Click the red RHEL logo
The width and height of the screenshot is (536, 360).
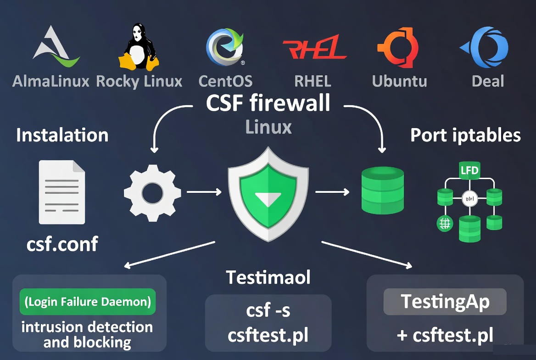313,47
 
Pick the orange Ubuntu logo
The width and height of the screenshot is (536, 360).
398,47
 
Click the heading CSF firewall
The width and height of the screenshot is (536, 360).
268,103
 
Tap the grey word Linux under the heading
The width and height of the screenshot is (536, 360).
268,127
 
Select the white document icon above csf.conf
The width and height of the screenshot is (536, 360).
62,192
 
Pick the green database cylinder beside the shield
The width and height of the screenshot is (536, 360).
382,190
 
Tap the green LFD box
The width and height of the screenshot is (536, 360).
469,171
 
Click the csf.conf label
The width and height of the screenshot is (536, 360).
62,243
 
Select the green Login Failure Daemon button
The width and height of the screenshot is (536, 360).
88,302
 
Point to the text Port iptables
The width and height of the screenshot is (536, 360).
465,135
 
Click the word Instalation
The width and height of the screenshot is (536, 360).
62,135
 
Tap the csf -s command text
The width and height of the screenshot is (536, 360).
268,310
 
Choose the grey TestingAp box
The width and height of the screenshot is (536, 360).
445,302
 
